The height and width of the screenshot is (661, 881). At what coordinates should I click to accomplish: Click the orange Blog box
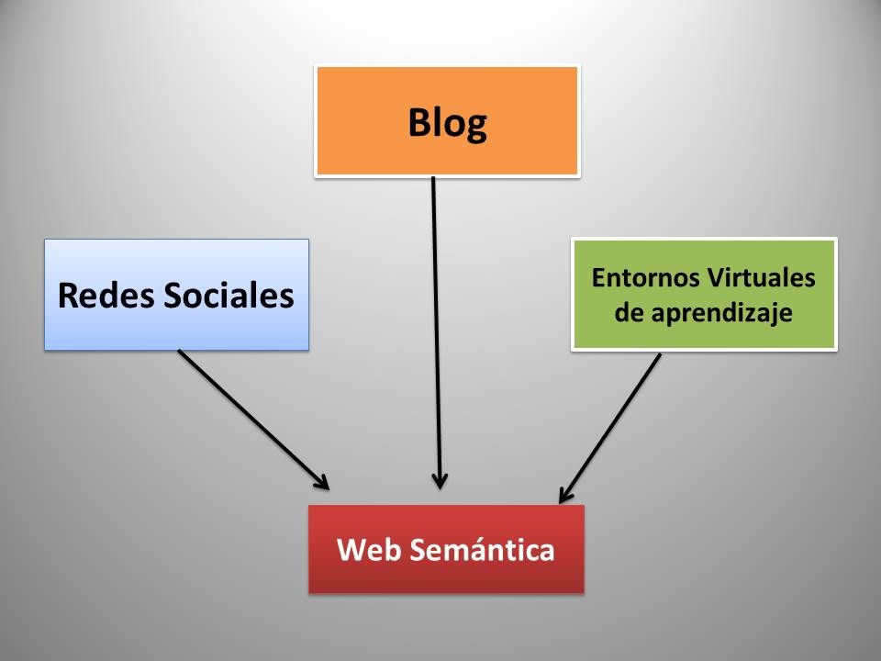click(447, 121)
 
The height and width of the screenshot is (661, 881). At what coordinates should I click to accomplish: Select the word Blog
click(447, 124)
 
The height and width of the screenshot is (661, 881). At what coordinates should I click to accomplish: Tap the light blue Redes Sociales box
click(176, 295)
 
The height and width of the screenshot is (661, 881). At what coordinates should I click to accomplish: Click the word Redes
click(106, 295)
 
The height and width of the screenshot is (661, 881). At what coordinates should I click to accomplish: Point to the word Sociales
click(229, 295)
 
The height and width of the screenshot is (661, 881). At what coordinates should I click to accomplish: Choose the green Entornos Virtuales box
click(704, 295)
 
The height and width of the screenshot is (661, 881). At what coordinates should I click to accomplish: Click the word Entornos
click(645, 277)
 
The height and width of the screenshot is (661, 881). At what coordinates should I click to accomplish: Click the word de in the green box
click(630, 312)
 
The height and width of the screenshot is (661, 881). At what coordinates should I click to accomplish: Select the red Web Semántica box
click(447, 549)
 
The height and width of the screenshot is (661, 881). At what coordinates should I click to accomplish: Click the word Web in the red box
click(369, 549)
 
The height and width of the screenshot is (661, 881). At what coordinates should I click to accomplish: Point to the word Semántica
click(482, 549)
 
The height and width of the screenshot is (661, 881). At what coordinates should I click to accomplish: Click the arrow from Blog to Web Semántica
click(437, 332)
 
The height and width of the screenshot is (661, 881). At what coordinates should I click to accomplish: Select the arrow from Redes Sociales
click(253, 420)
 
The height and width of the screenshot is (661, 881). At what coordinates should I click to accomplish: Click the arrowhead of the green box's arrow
click(564, 496)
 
